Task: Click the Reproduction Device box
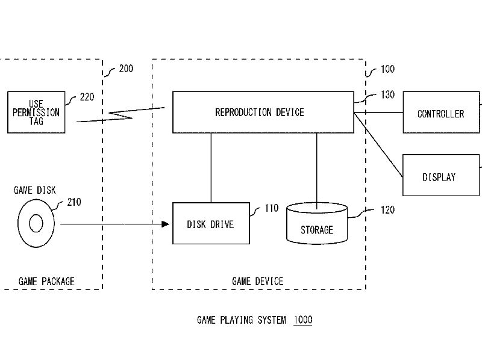tap(263, 112)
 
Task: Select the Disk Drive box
tap(211, 223)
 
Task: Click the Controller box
tap(441, 113)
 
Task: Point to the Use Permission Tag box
tap(36, 112)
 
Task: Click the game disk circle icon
tap(36, 224)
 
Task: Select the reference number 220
tap(87, 96)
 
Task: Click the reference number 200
tap(126, 69)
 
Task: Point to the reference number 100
tap(387, 69)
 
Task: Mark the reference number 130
tap(387, 95)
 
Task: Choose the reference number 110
tap(272, 208)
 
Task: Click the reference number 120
tap(387, 210)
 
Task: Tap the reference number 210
tap(74, 202)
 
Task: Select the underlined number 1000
tap(303, 320)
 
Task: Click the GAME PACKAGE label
tap(46, 281)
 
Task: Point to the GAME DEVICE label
tap(257, 281)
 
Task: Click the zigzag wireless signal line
tap(120, 114)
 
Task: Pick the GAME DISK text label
tap(34, 190)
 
